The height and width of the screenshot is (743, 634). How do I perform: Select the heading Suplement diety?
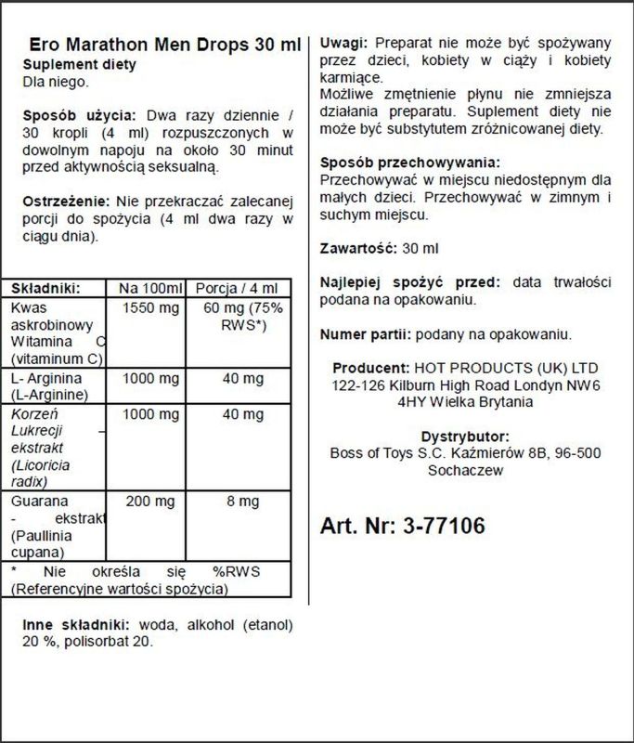click(79, 65)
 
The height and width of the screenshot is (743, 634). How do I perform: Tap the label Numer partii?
click(365, 334)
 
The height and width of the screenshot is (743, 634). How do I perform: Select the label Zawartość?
click(357, 249)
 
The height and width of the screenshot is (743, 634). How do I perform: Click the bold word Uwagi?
click(343, 44)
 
